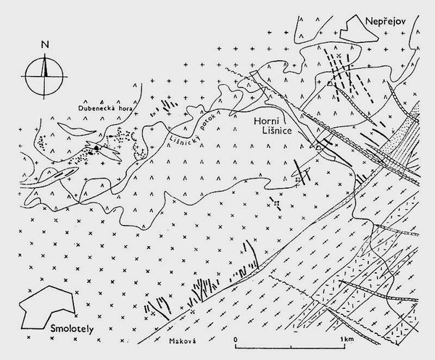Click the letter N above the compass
point(45,44)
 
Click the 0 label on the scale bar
point(236,339)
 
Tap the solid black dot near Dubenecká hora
point(96,149)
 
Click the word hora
point(128,109)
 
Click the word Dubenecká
point(101,109)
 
